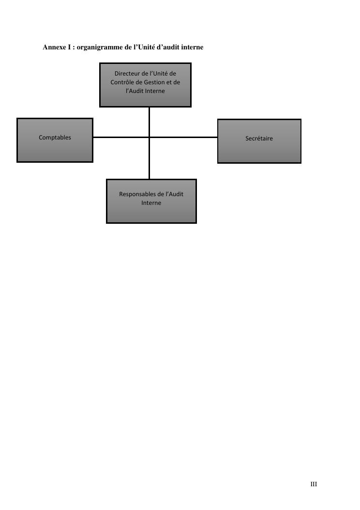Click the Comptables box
pos(55,140)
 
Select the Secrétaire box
pos(259,141)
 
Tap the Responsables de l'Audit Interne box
pos(151,201)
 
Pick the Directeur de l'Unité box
pos(145,85)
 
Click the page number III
pos(314,484)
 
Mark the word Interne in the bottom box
pos(151,203)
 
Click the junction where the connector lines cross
pos(149,137)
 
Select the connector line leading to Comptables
pos(120,137)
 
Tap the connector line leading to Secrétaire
pos(184,137)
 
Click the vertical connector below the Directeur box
pos(149,121)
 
